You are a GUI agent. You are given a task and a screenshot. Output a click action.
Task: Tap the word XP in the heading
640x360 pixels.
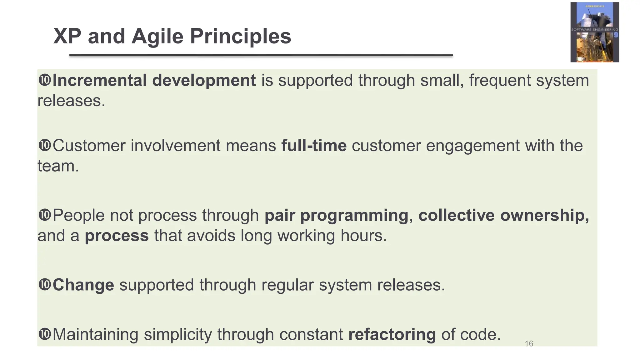click(67, 36)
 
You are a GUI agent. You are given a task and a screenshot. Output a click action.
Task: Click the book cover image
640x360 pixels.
click(594, 32)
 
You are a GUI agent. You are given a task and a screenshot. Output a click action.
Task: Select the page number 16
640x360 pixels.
click(529, 344)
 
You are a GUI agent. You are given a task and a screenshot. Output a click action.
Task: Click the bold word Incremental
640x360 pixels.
click(100, 80)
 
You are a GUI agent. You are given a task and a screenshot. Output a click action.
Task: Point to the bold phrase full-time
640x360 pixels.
click(314, 146)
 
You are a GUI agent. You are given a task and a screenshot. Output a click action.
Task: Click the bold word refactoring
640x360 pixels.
click(392, 334)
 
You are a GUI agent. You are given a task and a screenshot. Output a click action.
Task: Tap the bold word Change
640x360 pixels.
click(83, 285)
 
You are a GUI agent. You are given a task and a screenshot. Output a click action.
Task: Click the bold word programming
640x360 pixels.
click(354, 216)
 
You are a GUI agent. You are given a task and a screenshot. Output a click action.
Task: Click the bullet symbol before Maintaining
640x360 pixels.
click(44, 334)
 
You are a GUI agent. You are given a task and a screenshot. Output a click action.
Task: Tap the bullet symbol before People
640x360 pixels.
click(44, 215)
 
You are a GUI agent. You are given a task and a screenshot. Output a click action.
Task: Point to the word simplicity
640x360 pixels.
click(177, 334)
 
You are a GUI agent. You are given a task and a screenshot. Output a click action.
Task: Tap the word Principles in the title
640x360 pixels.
click(240, 36)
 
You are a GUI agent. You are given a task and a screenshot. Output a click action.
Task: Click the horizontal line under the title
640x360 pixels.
click(261, 55)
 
